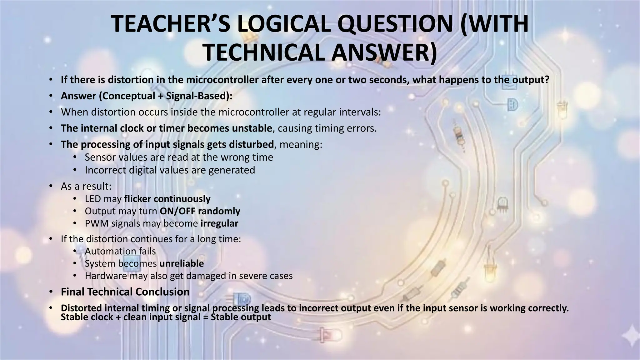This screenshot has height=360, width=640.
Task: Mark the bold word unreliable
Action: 182,263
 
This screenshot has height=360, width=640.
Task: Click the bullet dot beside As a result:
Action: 50,186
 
